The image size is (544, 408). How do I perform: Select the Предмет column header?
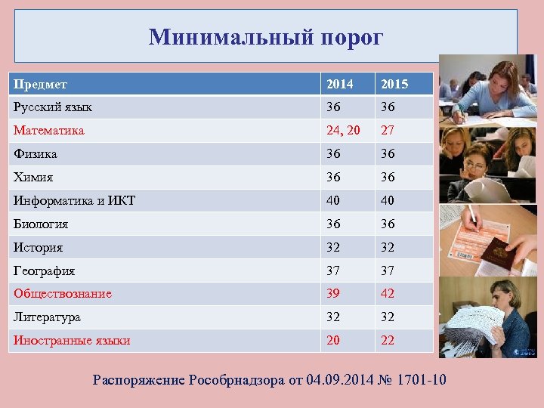pos(40,84)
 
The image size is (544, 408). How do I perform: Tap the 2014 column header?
pos(339,84)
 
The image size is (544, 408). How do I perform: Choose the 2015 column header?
pos(394,84)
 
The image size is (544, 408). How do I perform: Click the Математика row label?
pos(48,131)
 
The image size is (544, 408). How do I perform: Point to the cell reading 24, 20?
pos(344,131)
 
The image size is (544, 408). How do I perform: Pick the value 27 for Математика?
pos(388,131)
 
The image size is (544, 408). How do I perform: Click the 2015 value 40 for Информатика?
pos(388,200)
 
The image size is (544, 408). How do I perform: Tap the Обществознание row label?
pos(62,294)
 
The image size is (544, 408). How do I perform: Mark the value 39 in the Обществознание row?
pos(333,294)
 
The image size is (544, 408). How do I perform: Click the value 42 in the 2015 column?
pos(388,294)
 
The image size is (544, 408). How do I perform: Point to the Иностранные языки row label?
pos(72,341)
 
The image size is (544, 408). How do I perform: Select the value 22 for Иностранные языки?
pos(388,341)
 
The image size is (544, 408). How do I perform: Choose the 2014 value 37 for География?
pos(333,270)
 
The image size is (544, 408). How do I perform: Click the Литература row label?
pos(47,317)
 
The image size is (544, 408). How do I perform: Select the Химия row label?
pos(33,177)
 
